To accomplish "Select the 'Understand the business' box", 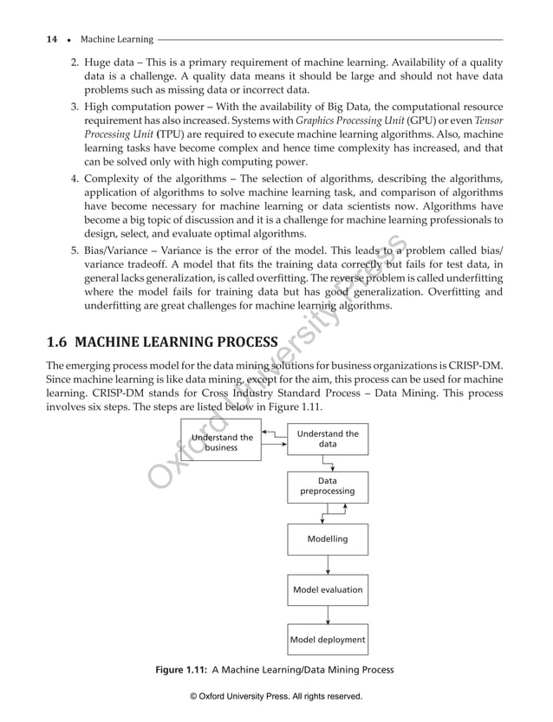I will pyautogui.click(x=221, y=442).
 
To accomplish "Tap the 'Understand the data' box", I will pyautogui.click(x=328, y=439).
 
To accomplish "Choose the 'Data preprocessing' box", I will pyautogui.click(x=328, y=485).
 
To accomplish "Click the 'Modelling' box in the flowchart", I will pyautogui.click(x=328, y=539).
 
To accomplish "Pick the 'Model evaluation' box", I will pyautogui.click(x=328, y=589).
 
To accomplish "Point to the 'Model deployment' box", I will pyautogui.click(x=328, y=641).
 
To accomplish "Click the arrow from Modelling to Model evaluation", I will pyautogui.click(x=328, y=564).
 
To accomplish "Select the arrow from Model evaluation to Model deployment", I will pyautogui.click(x=328, y=615).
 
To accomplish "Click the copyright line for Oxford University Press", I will pyautogui.click(x=276, y=696).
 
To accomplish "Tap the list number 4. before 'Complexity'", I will pyautogui.click(x=75, y=179).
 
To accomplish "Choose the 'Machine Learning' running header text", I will pyautogui.click(x=116, y=39).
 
